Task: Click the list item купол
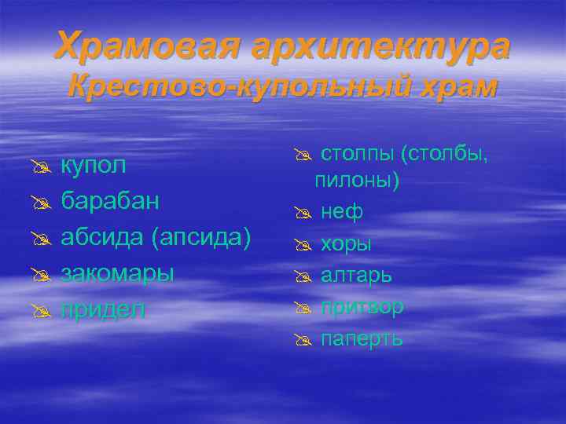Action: click(93, 166)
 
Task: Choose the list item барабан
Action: click(111, 201)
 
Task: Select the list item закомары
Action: click(118, 272)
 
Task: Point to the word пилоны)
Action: click(358, 181)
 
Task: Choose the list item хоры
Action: click(346, 244)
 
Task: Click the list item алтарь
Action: click(356, 275)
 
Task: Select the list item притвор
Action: click(362, 307)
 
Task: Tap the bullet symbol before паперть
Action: click(304, 339)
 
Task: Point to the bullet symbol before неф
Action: click(304, 213)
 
